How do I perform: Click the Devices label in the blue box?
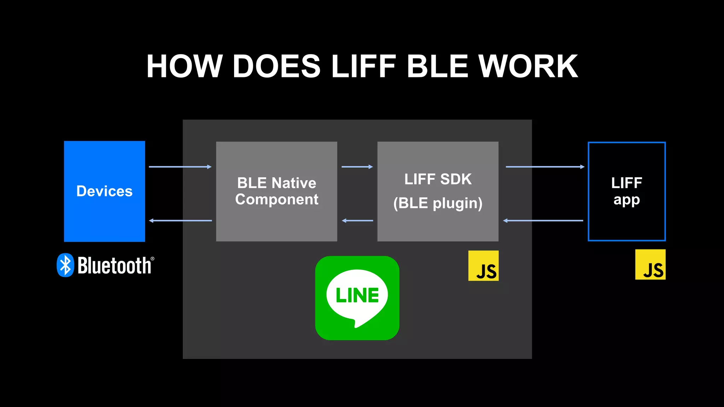coord(104,191)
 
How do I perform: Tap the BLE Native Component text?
coord(276,191)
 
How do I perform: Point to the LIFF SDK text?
coord(438,179)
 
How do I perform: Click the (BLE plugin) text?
coord(438,203)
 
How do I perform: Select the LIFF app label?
coord(626,191)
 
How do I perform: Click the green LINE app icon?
coord(357,298)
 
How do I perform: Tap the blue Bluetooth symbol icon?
coord(65,265)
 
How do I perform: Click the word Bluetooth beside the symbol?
coord(114,266)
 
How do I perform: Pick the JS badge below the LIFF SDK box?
coord(483,266)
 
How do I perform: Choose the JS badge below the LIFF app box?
coord(650,265)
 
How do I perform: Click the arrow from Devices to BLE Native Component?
coord(180,167)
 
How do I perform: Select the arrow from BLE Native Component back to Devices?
coord(180,220)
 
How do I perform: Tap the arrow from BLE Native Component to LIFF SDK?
coord(357,167)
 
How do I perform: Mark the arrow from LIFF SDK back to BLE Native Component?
coord(357,220)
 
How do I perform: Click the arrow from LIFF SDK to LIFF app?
coord(545,167)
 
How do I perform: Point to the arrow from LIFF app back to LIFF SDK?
coord(543,220)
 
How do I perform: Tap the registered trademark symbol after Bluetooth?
coord(152,259)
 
